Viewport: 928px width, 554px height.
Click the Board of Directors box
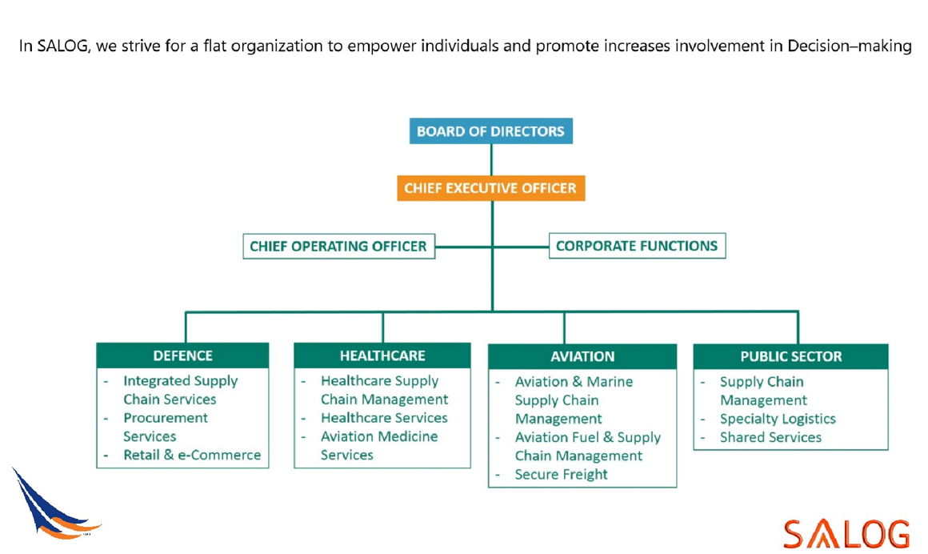click(490, 131)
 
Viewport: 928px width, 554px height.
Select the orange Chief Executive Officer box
click(490, 188)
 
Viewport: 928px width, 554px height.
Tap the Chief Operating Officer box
click(338, 247)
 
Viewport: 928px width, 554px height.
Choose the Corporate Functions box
click(637, 246)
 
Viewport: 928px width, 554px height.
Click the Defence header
click(182, 355)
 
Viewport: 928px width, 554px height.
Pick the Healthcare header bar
click(382, 355)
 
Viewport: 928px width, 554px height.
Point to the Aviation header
click(582, 356)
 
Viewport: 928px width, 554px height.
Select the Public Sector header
click(790, 356)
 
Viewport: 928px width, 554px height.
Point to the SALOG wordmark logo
click(846, 533)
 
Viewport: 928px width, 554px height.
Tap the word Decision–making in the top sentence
click(850, 46)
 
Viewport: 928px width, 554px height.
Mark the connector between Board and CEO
click(491, 160)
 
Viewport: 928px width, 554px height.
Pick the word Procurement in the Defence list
click(165, 418)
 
